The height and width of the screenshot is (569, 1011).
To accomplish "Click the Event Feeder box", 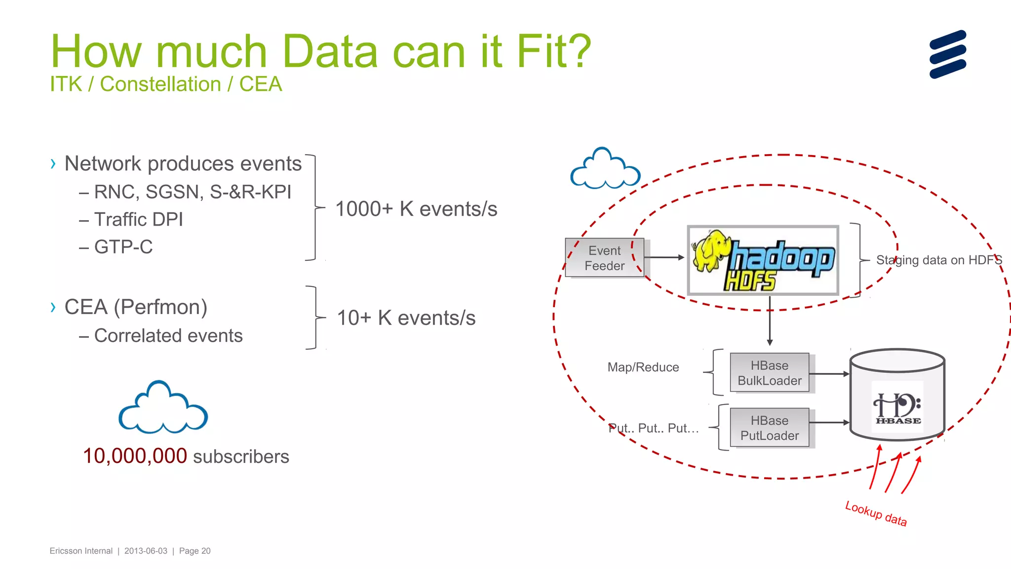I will [604, 258].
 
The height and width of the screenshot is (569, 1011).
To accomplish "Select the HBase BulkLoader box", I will [769, 373].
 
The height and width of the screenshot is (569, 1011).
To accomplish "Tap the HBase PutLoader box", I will [769, 428].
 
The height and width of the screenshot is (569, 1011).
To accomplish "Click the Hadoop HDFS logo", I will [763, 261].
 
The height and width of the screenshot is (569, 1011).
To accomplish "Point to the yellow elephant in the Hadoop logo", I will [711, 249].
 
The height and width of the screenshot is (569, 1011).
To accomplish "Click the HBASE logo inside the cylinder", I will [897, 407].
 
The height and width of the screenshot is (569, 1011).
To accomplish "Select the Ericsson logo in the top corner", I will [947, 54].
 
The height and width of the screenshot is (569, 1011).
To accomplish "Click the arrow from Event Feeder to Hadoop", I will [664, 257].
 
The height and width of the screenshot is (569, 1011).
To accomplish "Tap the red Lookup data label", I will [876, 514].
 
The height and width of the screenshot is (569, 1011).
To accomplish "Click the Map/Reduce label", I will [643, 367].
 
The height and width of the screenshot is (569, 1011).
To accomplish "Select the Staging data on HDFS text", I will [938, 260].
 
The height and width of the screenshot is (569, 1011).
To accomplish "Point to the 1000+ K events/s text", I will [416, 209].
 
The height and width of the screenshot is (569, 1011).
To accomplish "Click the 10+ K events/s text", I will [406, 318].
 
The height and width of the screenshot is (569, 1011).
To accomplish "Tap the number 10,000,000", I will [135, 456].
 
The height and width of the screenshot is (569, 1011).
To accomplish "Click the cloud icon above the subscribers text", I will [163, 408].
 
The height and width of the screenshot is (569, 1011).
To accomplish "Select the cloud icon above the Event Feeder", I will [605, 169].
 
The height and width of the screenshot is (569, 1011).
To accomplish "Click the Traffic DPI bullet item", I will [138, 219].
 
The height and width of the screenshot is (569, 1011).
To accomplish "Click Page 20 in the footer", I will [194, 551].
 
